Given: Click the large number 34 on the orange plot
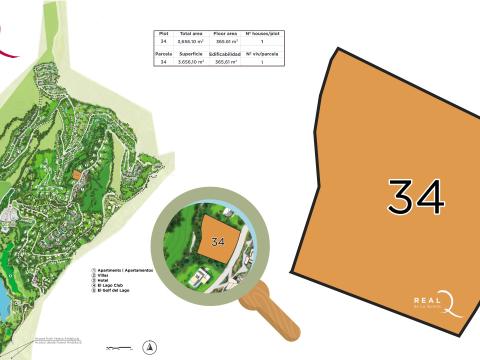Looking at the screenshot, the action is coord(415,197).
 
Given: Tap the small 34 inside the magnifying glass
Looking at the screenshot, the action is coord(218,241).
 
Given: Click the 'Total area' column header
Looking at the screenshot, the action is coord(191,33).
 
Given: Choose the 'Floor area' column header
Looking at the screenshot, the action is coord(225,33).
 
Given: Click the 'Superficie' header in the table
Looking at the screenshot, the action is coord(191,52).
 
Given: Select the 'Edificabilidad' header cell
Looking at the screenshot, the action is coord(225,52).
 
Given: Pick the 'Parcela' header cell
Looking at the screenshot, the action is coord(163,52).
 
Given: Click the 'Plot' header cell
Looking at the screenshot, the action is coord(163,33).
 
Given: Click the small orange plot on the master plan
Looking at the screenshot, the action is coord(76,174).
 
